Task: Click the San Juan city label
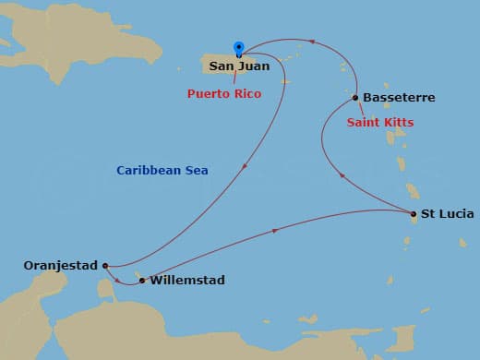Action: point(239,66)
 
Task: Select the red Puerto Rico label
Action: point(224,94)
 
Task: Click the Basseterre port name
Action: point(399,98)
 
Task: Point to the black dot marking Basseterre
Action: point(355,97)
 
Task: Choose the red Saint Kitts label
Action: point(379,123)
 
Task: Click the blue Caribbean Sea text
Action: point(162,171)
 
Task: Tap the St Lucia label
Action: point(447,214)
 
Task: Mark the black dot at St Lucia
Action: point(413,214)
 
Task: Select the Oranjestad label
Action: point(60,266)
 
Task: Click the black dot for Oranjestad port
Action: point(106,266)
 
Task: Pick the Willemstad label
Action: point(186,280)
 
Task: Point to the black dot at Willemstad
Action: point(141,280)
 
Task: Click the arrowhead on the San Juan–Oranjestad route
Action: point(244,167)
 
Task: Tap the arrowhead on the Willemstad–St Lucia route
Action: point(275,232)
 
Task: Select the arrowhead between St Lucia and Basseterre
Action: point(343,175)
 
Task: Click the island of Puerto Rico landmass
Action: point(222,61)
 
